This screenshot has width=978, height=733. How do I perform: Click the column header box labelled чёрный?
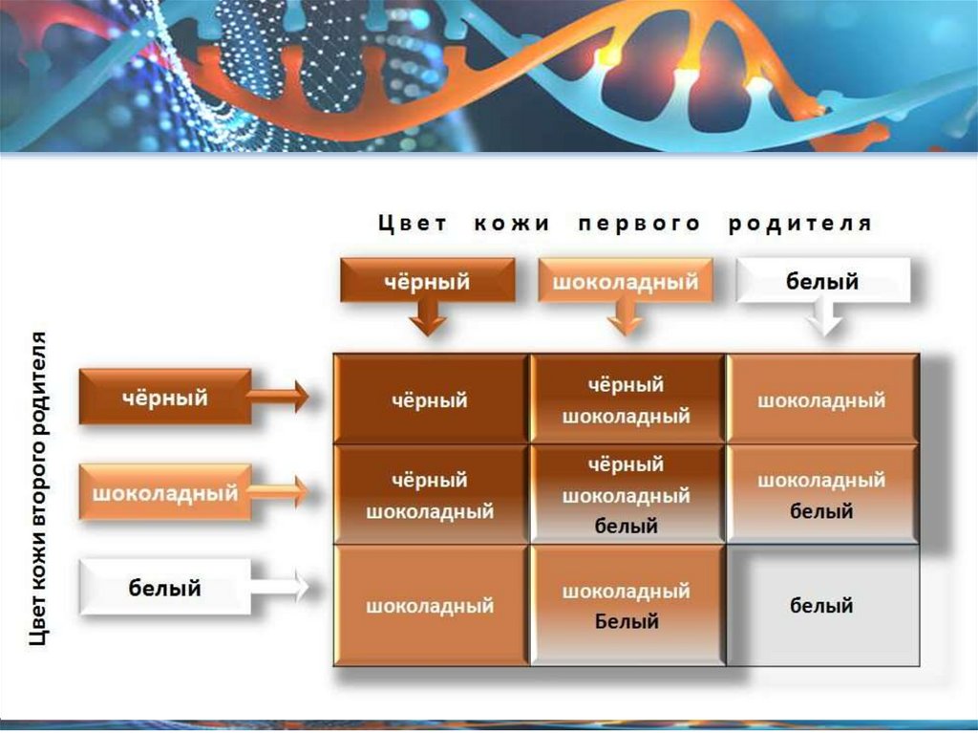[428, 282]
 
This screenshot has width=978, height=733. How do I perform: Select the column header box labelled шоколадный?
[626, 282]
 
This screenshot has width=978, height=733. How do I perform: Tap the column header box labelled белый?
[822, 282]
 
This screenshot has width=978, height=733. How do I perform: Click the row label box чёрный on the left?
[164, 397]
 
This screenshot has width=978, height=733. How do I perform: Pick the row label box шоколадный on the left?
[164, 493]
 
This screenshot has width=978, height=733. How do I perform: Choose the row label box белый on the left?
[164, 588]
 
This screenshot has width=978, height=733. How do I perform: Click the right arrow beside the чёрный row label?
[281, 395]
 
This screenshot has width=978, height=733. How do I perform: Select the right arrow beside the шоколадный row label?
[281, 491]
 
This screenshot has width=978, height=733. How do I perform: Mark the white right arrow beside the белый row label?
[281, 586]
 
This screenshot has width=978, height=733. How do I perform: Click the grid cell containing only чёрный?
[430, 399]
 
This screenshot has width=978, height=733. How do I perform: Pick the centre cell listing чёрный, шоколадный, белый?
[627, 495]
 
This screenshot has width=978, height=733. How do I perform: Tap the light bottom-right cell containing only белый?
[821, 606]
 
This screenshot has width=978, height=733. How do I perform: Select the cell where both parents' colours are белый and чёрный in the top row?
[821, 399]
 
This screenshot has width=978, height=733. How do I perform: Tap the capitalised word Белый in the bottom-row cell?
[627, 621]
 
